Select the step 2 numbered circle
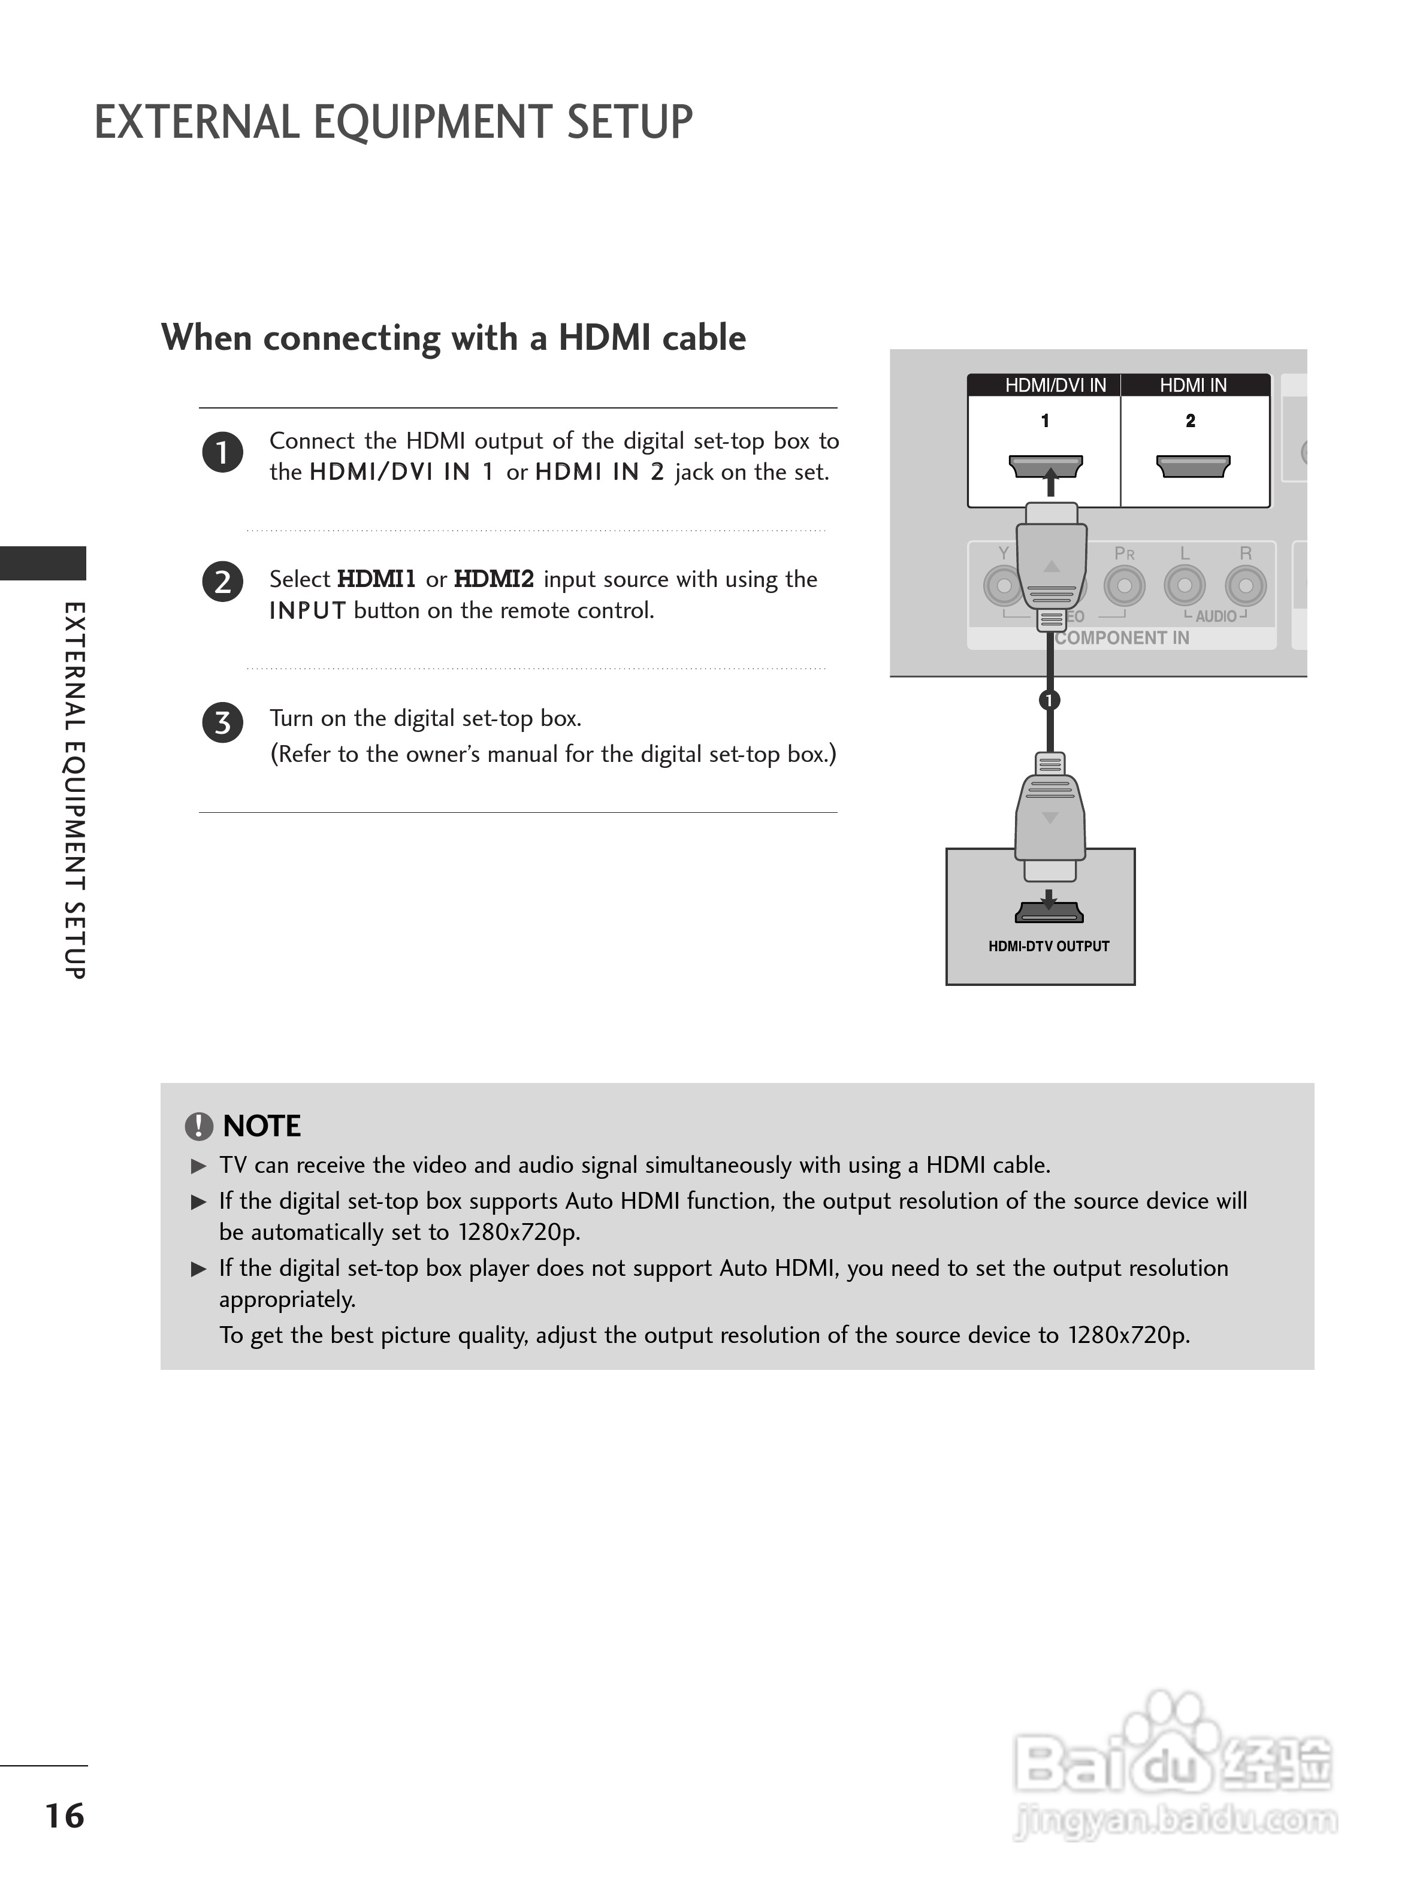pyautogui.click(x=222, y=582)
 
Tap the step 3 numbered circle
pyautogui.click(x=222, y=722)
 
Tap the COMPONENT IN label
pyautogui.click(x=1122, y=637)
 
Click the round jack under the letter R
pyautogui.click(x=1244, y=586)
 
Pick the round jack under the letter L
pyautogui.click(x=1185, y=586)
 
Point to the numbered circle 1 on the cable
pyautogui.click(x=1049, y=700)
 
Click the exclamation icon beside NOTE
pyautogui.click(x=198, y=1126)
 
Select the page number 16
pyautogui.click(x=65, y=1816)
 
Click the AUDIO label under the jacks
pyautogui.click(x=1216, y=616)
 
